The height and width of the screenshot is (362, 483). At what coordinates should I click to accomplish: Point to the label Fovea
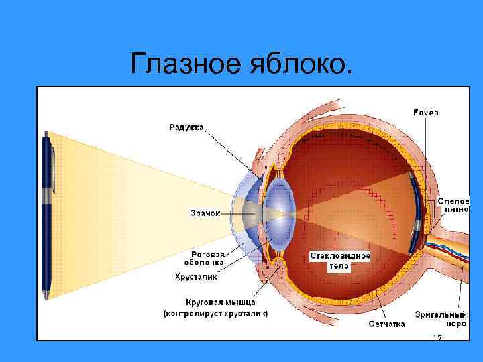[426, 113]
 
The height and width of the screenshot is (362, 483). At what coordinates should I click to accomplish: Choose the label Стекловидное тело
[340, 260]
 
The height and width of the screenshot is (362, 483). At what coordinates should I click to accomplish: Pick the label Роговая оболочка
[207, 259]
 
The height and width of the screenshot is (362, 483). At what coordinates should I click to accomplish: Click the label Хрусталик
[196, 276]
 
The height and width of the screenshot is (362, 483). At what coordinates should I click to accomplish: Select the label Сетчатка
[387, 324]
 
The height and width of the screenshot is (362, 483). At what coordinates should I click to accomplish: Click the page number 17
[437, 337]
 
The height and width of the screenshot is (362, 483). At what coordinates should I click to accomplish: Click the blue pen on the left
[47, 215]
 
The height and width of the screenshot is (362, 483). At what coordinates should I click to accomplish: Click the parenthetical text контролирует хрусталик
[217, 313]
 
